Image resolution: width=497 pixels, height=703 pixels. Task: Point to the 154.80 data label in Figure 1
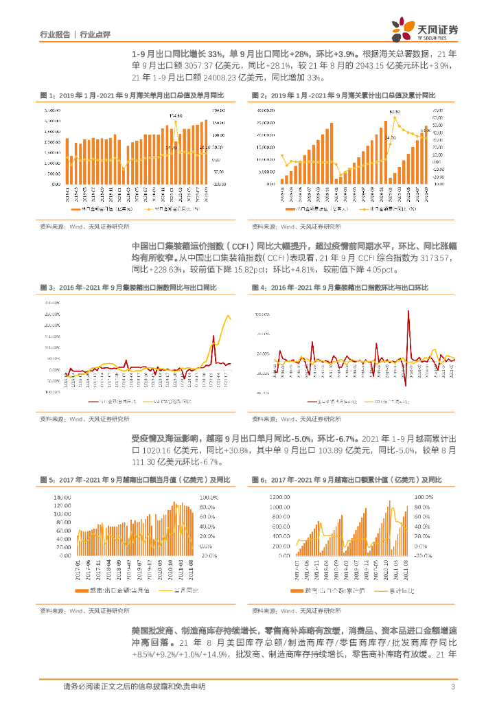point(176,116)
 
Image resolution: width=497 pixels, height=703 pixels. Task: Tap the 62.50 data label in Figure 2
point(394,111)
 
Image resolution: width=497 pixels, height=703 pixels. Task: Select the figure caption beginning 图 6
point(347,479)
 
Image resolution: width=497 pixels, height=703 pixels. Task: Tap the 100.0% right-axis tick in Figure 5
point(208,496)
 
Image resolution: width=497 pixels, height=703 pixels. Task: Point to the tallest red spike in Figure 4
point(410,312)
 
